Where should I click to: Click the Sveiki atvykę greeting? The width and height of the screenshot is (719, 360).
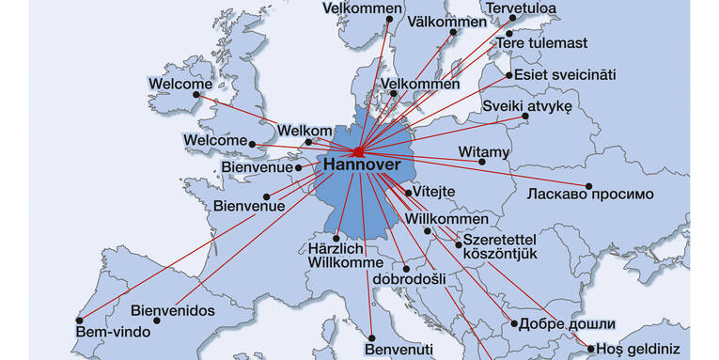tap(527, 106)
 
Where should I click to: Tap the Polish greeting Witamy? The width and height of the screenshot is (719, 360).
tap(484, 150)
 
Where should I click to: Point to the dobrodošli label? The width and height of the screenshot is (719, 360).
tap(409, 278)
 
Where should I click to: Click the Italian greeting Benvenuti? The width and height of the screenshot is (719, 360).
tap(399, 349)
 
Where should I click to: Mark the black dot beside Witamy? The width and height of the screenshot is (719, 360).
tap(482, 162)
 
